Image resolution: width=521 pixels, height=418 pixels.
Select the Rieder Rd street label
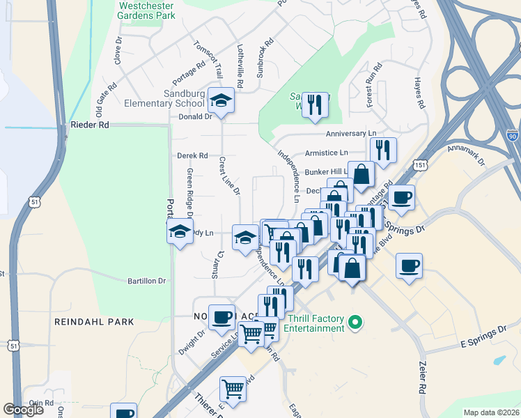[x=90, y=125]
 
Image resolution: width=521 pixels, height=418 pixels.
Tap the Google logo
[x=24, y=410]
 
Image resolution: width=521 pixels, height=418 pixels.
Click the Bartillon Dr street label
[x=146, y=281]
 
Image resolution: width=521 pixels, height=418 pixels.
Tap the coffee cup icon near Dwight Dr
[x=221, y=318]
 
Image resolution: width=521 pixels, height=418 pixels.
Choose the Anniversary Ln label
[x=350, y=133]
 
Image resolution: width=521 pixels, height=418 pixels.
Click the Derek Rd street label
[x=192, y=155]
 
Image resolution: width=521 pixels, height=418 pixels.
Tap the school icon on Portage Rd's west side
[x=180, y=232]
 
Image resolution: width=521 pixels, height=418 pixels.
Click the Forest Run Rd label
[x=374, y=86]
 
